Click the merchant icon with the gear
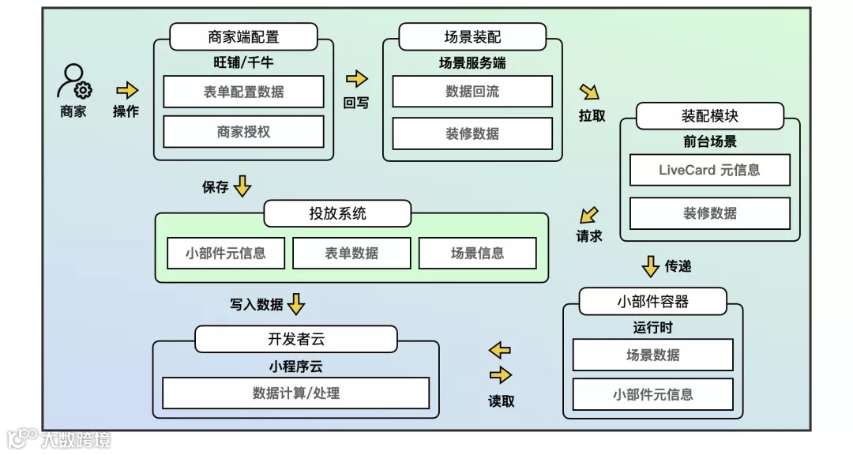coord(74,81)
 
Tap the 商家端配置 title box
coord(243,37)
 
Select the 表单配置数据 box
coord(243,92)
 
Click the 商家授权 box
coord(243,132)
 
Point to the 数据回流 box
coord(472,92)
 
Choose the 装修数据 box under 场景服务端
coord(472,133)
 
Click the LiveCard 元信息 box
coord(709,170)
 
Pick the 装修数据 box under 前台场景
coord(709,213)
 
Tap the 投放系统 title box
coord(337,213)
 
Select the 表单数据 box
coord(351,254)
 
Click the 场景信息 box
coord(477,254)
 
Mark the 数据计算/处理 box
coord(295,393)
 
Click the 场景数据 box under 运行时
coord(652,355)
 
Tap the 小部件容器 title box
coord(652,301)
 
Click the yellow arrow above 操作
coord(126,90)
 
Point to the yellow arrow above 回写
coord(357,79)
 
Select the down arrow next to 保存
coord(242,186)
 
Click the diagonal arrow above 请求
coord(588,215)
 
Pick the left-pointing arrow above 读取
coord(500,350)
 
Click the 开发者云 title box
coord(296,340)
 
